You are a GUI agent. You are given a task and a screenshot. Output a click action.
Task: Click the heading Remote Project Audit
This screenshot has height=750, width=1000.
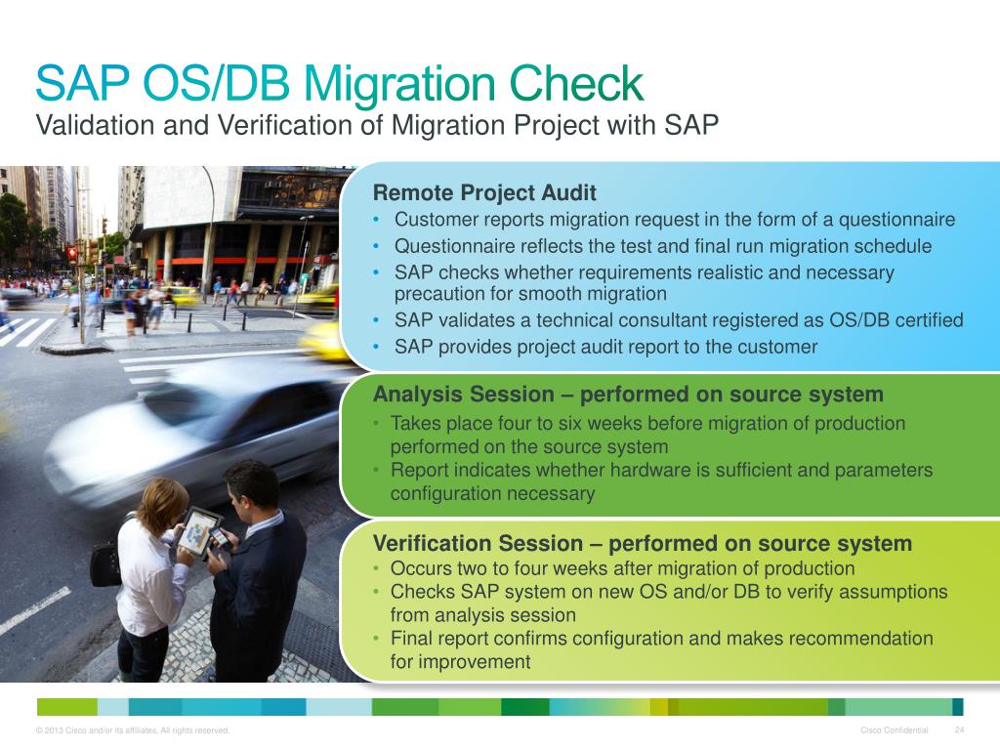tap(484, 192)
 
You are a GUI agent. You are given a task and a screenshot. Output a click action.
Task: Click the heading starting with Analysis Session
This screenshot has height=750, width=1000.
tap(628, 395)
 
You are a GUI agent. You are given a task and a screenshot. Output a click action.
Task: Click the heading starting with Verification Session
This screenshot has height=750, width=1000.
tap(643, 543)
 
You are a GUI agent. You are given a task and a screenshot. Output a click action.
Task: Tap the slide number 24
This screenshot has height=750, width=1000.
tap(959, 730)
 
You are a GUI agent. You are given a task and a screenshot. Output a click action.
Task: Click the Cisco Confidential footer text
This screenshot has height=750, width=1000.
tap(895, 730)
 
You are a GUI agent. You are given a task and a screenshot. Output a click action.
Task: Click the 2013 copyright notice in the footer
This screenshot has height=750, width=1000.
tap(132, 730)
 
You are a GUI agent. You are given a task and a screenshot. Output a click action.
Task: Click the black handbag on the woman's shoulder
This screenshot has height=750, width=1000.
tap(105, 563)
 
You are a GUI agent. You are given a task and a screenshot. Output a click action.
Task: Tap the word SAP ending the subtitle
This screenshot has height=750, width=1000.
tap(695, 125)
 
